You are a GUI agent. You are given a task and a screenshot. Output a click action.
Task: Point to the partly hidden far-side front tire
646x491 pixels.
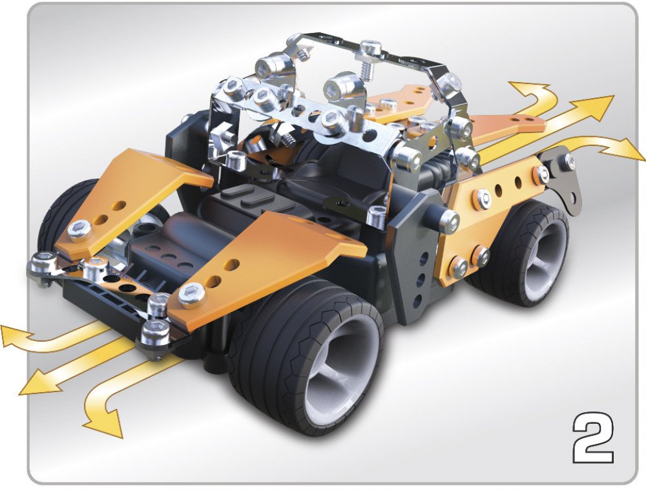point(62,218)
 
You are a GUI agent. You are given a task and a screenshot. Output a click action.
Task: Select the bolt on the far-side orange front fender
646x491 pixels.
point(79,229)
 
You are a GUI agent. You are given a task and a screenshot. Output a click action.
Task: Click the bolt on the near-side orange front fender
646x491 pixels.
point(192,295)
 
